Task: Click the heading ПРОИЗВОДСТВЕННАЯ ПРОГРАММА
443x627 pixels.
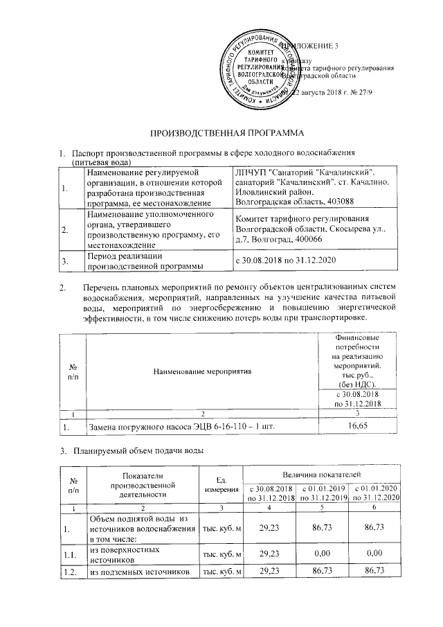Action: (221, 131)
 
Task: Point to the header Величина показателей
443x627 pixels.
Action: (324, 474)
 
